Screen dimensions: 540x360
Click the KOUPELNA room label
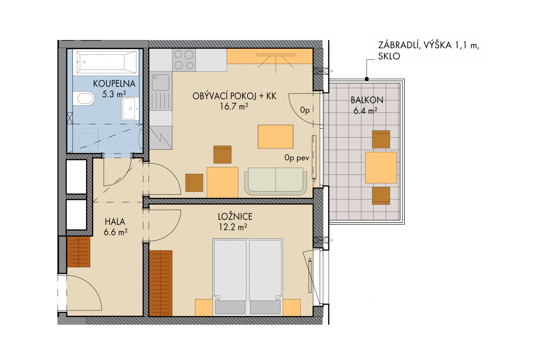[114, 84]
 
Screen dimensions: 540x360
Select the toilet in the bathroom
[83, 98]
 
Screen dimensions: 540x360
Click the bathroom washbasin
[130, 109]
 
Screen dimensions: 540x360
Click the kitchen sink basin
[160, 82]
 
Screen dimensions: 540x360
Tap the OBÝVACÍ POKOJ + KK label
[234, 96]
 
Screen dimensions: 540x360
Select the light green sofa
[276, 181]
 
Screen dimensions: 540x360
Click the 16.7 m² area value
[234, 106]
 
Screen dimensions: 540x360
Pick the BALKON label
[367, 100]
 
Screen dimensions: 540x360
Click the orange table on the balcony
[381, 168]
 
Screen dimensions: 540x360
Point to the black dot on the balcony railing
[367, 79]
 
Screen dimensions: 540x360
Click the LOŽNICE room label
[235, 217]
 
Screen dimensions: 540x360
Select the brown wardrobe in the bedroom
[161, 283]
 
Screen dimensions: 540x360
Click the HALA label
[115, 221]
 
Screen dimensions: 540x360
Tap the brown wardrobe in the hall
[79, 252]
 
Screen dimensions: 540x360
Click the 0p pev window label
[297, 158]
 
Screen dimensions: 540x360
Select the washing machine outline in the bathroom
[86, 140]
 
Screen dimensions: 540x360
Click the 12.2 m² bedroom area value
[233, 227]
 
